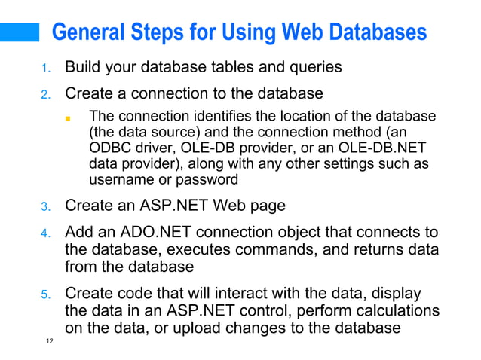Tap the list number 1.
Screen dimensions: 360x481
click(x=45, y=69)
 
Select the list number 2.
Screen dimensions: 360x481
click(x=45, y=96)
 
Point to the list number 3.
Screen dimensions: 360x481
click(x=45, y=206)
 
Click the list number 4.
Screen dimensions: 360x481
click(x=45, y=234)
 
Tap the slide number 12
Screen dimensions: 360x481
click(x=49, y=343)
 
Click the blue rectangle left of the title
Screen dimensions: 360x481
click(x=20, y=32)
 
